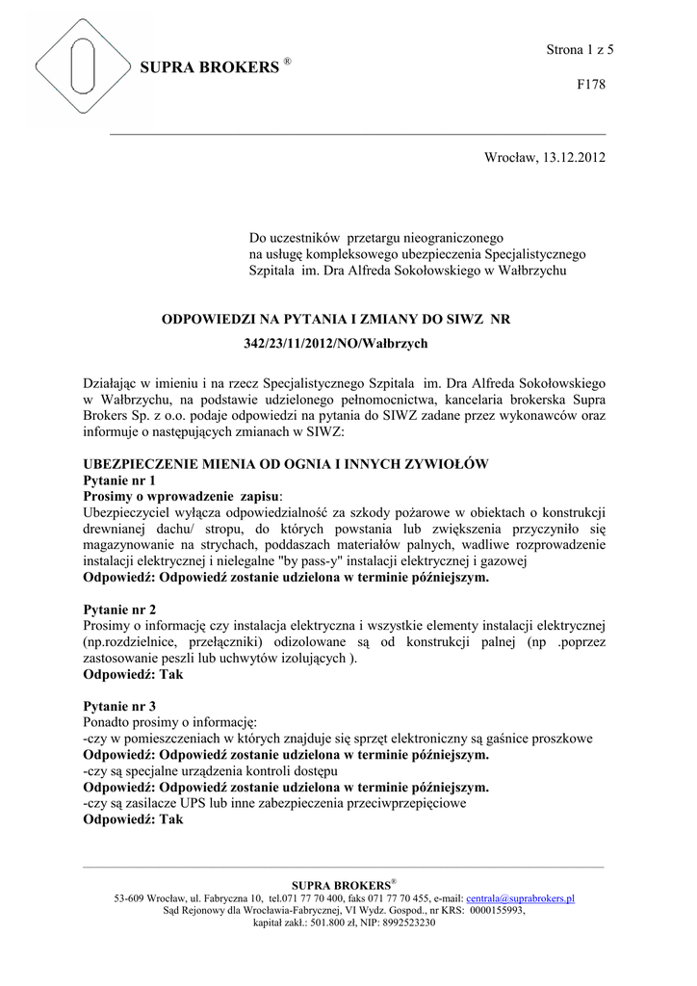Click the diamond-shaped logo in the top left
tap(82, 73)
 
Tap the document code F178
tap(590, 85)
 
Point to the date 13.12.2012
tap(575, 157)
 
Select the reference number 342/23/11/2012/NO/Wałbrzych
tap(334, 343)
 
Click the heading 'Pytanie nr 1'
tap(119, 480)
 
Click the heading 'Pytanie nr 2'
tap(119, 610)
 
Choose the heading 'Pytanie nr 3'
tap(119, 706)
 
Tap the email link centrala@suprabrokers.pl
tap(520, 897)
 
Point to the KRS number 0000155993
tap(497, 909)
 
